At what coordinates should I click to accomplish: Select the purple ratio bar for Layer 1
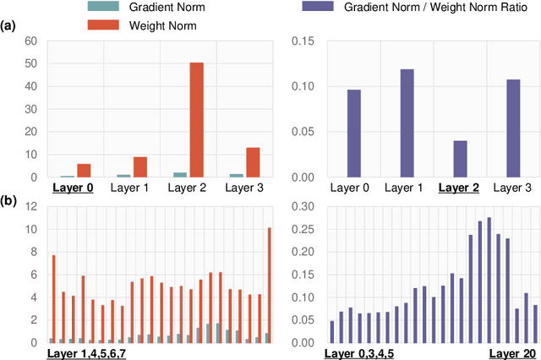coord(407,123)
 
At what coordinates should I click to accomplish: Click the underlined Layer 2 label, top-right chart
coord(462,188)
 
